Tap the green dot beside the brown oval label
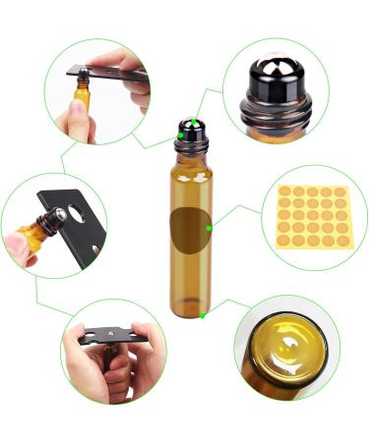(x=209, y=228)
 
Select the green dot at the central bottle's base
(x=202, y=315)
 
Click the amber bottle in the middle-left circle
(x=34, y=233)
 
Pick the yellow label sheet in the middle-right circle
(x=312, y=217)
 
